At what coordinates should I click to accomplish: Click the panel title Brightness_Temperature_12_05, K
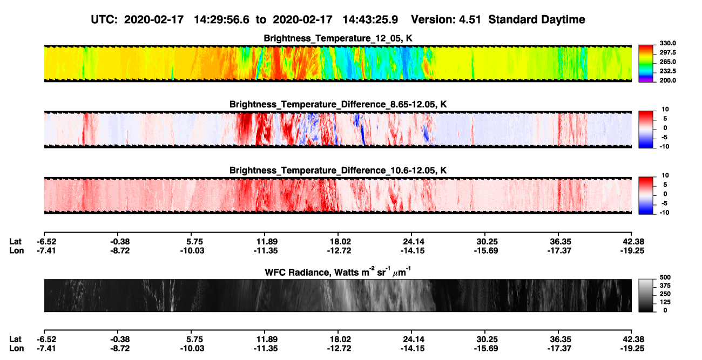(338, 38)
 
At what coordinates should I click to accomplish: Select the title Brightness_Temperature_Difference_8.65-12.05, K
(338, 104)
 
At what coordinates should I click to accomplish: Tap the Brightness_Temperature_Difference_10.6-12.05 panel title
(338, 171)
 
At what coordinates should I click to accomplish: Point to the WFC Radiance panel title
(338, 272)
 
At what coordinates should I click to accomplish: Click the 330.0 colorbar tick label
(667, 43)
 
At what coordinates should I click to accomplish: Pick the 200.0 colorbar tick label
(667, 80)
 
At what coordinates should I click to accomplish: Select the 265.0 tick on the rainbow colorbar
(667, 62)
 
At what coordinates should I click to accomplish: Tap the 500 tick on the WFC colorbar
(665, 277)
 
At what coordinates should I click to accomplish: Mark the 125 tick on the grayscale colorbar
(665, 302)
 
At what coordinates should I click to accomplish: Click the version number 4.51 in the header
(470, 19)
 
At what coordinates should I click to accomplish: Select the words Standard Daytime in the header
(537, 19)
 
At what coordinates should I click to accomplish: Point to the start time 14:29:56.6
(221, 19)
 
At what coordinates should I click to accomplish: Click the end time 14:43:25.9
(370, 19)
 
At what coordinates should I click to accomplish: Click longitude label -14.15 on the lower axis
(413, 349)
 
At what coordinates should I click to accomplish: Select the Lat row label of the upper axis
(15, 242)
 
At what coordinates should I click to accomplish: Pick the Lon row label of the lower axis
(16, 349)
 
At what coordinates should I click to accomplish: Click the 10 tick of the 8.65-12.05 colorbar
(665, 110)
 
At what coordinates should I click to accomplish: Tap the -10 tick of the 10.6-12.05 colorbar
(664, 213)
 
